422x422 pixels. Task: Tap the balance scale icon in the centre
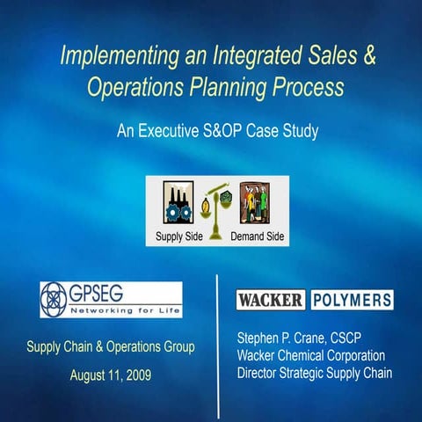(x=218, y=207)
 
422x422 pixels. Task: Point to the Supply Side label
(x=179, y=237)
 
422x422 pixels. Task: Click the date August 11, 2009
(x=111, y=375)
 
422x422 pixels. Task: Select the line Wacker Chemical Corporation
(x=311, y=355)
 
